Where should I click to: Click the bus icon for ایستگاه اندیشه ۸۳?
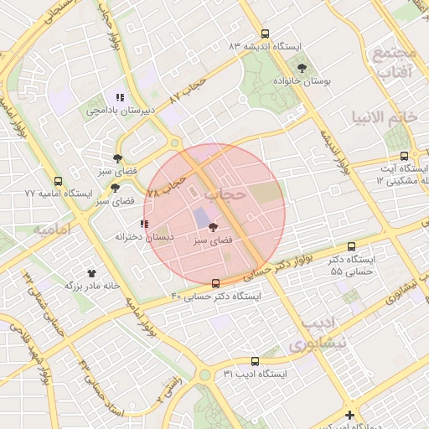coord(266,34)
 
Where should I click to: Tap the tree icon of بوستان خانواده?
coord(302,68)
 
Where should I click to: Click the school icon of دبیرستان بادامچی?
coord(121,97)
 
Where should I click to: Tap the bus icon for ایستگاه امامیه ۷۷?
coord(58,180)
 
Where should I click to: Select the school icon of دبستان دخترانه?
coord(144,224)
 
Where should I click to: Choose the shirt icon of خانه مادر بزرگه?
coord(91,272)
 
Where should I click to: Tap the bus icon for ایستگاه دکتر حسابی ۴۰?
coord(216,283)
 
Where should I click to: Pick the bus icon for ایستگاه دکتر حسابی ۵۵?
coord(351,246)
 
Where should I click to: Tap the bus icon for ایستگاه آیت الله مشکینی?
coord(405,156)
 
